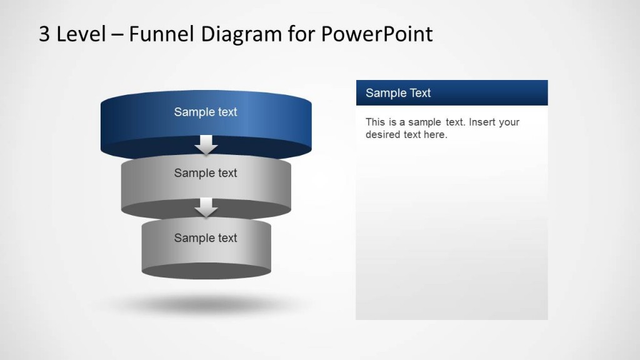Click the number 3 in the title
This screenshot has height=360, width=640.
pyautogui.click(x=44, y=34)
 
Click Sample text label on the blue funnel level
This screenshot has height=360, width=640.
pyautogui.click(x=206, y=112)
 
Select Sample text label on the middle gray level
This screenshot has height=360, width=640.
pyautogui.click(x=206, y=173)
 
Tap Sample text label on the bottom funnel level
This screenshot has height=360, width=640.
pyautogui.click(x=206, y=238)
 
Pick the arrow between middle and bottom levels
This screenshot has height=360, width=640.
pyautogui.click(x=206, y=207)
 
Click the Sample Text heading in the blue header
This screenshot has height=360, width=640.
pyautogui.click(x=398, y=93)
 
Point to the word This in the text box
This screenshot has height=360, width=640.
pyautogui.click(x=376, y=122)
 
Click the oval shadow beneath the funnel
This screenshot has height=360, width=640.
pyautogui.click(x=206, y=305)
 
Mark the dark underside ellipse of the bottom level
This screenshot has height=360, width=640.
pyautogui.click(x=206, y=271)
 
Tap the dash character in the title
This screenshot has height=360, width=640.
pyautogui.click(x=116, y=35)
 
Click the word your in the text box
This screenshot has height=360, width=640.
pyautogui.click(x=509, y=122)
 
